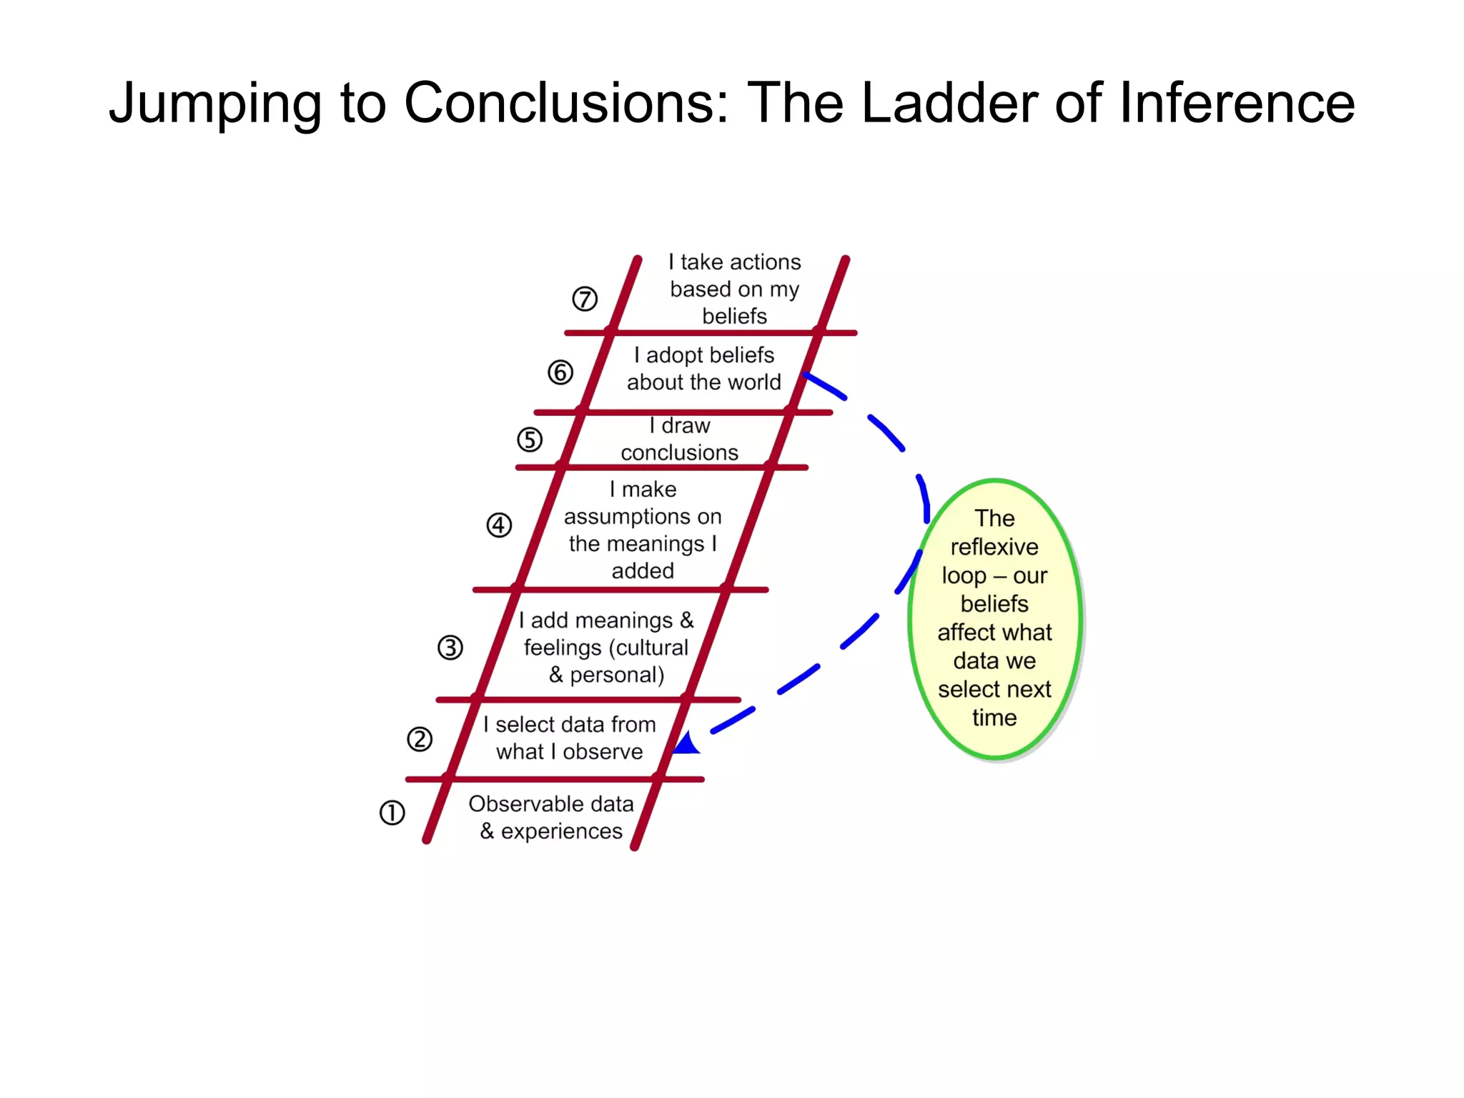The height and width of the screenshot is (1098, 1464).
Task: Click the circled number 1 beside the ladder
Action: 392,813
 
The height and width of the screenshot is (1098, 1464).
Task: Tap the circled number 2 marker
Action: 420,739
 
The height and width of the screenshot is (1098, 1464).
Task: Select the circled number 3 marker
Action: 450,648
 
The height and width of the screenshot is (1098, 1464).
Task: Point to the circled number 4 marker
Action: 499,525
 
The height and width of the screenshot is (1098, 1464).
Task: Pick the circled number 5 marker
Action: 530,440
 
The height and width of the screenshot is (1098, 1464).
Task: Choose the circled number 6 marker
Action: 560,372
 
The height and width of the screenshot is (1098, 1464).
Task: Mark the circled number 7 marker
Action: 585,299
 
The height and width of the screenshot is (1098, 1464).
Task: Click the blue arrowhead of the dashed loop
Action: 687,744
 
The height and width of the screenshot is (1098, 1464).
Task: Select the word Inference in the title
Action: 1237,103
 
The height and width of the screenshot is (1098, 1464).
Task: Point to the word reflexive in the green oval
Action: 994,547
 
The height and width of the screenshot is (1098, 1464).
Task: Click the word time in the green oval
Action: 994,717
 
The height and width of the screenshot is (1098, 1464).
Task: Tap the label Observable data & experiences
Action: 551,817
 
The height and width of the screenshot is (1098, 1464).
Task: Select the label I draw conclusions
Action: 679,439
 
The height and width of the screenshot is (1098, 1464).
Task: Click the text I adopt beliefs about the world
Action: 704,369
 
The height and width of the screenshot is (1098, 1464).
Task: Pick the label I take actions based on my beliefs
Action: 735,289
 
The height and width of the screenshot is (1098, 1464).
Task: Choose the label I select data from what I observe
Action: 570,738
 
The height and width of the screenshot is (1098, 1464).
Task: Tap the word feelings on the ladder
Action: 563,648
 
